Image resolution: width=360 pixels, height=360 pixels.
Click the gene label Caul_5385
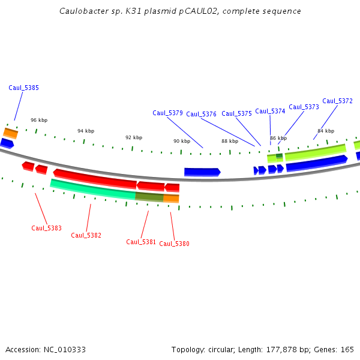[x=23, y=88]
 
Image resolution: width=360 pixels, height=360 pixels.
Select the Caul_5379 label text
[x=167, y=113]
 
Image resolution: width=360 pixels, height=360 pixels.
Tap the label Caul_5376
[x=201, y=114]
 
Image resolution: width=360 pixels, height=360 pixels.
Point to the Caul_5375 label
[x=236, y=113]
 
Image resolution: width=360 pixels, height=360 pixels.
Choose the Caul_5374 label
[x=270, y=111]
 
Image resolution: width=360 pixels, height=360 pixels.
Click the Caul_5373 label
[x=304, y=107]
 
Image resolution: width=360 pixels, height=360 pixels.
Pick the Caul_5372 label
[x=337, y=101]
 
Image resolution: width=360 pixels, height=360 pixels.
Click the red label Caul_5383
[x=46, y=228]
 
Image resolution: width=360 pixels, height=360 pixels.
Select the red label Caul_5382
[x=86, y=235]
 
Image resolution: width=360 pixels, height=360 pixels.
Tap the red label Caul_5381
[x=141, y=242]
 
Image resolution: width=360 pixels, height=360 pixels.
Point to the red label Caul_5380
[x=174, y=244]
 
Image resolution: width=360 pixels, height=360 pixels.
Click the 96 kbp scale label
[x=38, y=120]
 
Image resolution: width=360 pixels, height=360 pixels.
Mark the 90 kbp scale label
[x=182, y=141]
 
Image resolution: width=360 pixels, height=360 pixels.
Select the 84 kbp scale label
[x=326, y=131]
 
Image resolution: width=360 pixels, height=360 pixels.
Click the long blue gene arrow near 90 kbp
[x=202, y=172]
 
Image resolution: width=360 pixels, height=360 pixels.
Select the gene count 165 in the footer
[x=347, y=349]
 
